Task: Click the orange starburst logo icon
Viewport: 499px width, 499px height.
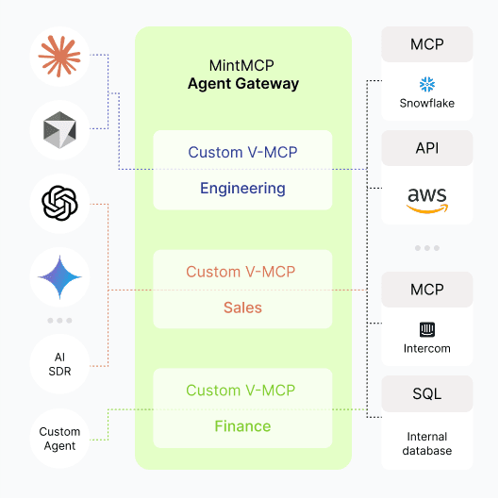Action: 59,57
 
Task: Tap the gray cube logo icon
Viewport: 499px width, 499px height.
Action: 59,130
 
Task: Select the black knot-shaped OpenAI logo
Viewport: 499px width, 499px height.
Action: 59,203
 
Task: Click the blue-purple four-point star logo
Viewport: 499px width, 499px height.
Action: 59,276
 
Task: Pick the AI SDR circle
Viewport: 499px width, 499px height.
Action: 59,363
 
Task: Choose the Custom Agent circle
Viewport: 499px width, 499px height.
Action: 59,439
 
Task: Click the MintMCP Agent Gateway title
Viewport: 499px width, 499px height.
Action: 242,75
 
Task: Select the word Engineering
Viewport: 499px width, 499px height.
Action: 242,188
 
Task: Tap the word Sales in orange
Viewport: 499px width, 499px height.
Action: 242,308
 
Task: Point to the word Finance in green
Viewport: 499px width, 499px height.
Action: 242,426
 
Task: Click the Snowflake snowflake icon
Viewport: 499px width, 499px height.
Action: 426,85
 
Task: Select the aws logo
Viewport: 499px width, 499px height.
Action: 426,199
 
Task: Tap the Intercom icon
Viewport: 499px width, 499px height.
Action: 426,329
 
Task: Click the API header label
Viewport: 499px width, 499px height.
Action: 426,148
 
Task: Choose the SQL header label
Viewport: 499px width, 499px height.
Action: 426,393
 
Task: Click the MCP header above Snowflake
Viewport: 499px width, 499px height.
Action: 426,44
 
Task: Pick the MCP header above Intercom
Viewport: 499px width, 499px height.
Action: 426,290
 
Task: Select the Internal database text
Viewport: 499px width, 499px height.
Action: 426,443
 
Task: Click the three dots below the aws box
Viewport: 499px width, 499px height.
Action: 426,248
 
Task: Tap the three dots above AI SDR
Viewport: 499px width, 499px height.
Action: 59,321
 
